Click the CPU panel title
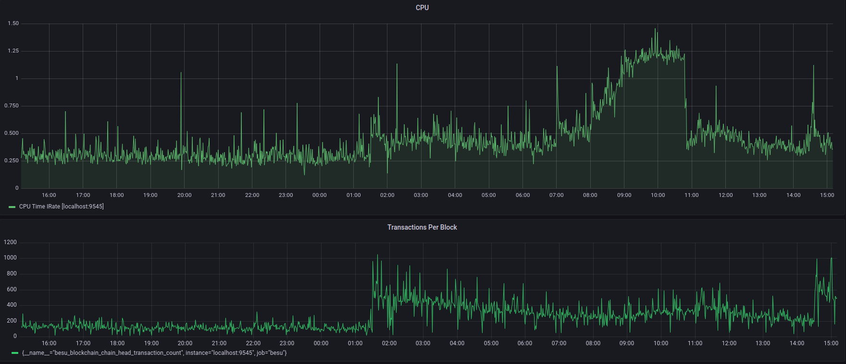pyautogui.click(x=422, y=8)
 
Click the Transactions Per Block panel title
pyautogui.click(x=422, y=227)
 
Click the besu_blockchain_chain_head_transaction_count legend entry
pyautogui.click(x=154, y=353)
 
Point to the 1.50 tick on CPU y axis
pyautogui.click(x=13, y=24)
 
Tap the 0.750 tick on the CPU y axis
pyautogui.click(x=12, y=106)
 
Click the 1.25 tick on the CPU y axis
pyautogui.click(x=13, y=51)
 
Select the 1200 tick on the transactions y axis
pyautogui.click(x=10, y=243)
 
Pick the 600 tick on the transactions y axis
pyautogui.click(x=12, y=289)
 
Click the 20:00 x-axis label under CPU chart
pyautogui.click(x=184, y=195)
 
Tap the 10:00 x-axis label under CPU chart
pyautogui.click(x=658, y=195)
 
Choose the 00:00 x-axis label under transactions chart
pyautogui.click(x=321, y=343)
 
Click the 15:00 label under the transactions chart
pyautogui.click(x=831, y=343)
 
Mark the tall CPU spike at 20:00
pyautogui.click(x=181, y=73)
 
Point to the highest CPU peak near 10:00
pyautogui.click(x=655, y=29)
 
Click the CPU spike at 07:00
pyautogui.click(x=557, y=67)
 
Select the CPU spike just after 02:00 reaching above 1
pyautogui.click(x=397, y=65)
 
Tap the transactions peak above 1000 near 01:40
pyautogui.click(x=377, y=255)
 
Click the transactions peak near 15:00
pyautogui.click(x=831, y=259)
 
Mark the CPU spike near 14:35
pyautogui.click(x=813, y=66)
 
